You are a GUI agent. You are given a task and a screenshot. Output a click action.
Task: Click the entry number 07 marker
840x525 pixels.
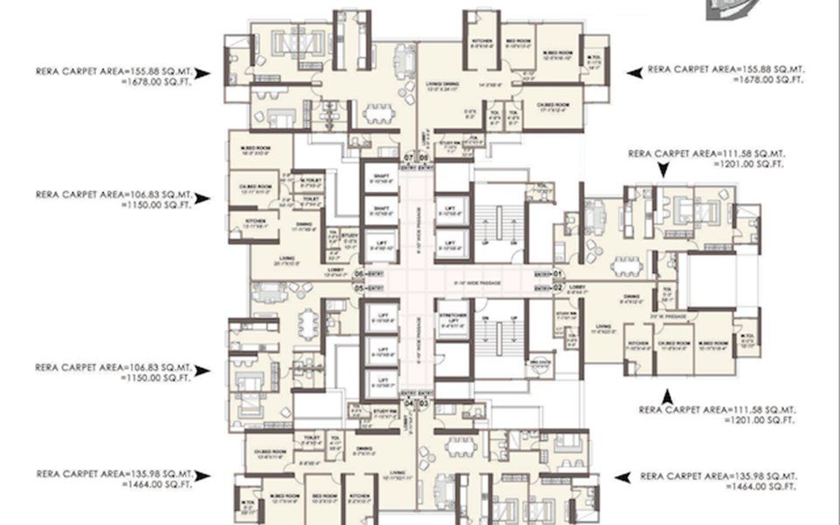(x=409, y=158)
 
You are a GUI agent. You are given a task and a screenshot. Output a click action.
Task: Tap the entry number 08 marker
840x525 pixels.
(x=423, y=158)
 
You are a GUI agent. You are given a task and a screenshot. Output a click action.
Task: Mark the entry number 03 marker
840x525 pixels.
(x=423, y=403)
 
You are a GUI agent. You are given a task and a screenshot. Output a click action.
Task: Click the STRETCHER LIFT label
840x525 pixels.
(x=452, y=321)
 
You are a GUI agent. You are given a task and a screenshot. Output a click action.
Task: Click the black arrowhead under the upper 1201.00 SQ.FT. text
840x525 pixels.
(x=662, y=173)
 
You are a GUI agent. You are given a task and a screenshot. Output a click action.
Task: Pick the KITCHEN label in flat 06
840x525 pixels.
(x=255, y=220)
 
